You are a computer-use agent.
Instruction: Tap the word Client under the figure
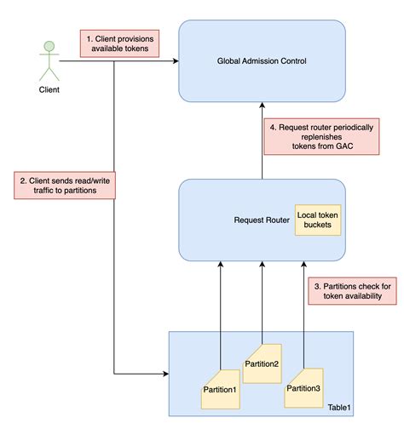pos(49,88)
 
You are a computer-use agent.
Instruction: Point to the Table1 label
pos(338,408)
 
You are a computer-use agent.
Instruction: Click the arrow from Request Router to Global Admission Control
pos(262,140)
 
